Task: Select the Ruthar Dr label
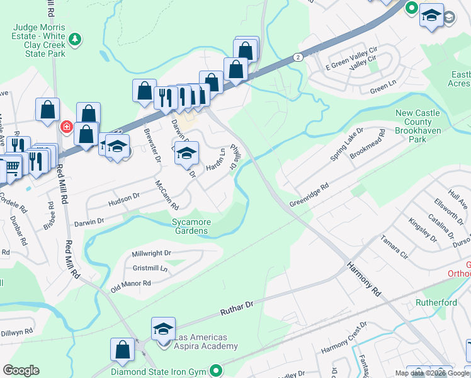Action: (236, 308)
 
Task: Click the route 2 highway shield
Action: (297, 57)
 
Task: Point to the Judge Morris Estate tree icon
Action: (75, 40)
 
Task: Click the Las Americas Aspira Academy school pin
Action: (163, 329)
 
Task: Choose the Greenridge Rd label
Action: (309, 195)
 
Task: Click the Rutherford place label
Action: (436, 302)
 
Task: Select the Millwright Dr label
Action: (151, 253)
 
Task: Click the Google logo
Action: (21, 370)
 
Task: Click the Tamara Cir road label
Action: (394, 248)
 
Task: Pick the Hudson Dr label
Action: (124, 200)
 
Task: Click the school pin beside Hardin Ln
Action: (186, 153)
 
